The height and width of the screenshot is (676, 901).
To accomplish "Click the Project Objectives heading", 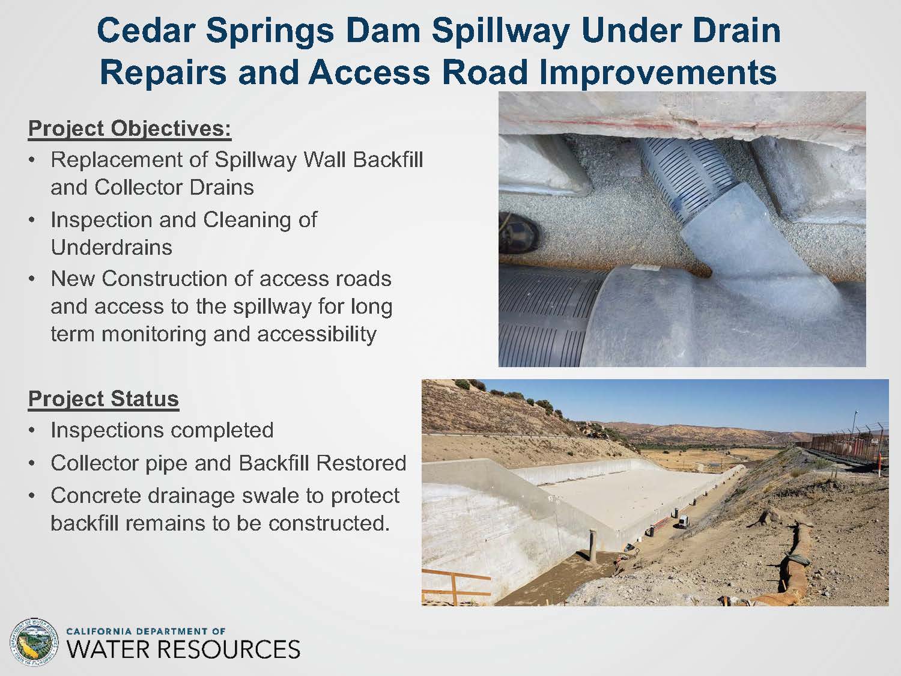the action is [130, 129].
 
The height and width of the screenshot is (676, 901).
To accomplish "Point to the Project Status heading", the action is [103, 399].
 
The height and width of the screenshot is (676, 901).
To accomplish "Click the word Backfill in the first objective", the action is [388, 159].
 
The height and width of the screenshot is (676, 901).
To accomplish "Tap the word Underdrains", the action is [112, 247].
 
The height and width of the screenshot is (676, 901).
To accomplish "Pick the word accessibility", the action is [317, 335].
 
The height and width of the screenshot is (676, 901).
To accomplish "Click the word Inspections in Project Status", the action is [107, 431].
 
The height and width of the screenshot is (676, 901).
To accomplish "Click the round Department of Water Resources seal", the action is [34, 643].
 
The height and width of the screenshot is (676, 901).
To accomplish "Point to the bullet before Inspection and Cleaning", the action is [32, 221].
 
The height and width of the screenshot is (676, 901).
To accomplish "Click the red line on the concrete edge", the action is [681, 124].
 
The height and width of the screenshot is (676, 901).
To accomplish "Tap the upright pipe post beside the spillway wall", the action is [592, 546].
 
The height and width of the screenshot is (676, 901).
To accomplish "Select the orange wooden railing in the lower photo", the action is [454, 585].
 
